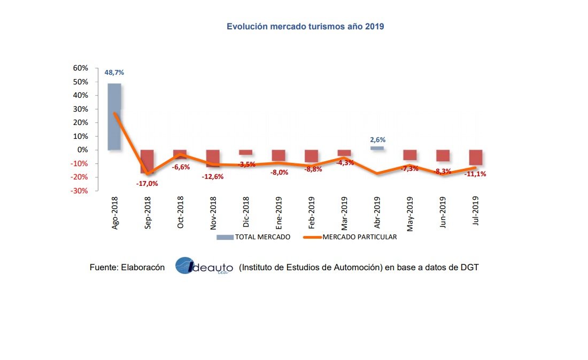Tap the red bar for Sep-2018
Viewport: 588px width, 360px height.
pos(147,161)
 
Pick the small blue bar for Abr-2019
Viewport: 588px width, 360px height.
pos(377,148)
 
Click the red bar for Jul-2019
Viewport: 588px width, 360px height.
pos(476,158)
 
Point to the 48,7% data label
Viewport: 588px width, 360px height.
pos(114,72)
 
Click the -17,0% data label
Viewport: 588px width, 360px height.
pos(147,183)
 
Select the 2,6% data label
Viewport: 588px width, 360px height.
pos(377,139)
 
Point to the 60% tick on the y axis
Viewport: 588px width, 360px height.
pos(80,68)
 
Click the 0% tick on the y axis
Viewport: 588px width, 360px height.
pos(82,150)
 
